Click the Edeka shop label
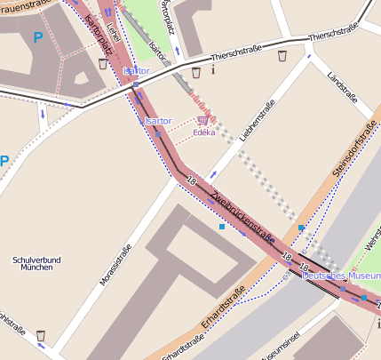tap(203, 132)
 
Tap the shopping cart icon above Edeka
tap(203, 119)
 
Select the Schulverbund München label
tap(36, 263)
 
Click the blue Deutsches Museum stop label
tap(341, 276)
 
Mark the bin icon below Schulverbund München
tap(41, 336)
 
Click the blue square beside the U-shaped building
tap(221, 227)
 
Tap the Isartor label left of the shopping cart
tap(156, 120)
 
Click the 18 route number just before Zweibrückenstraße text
tap(191, 181)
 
